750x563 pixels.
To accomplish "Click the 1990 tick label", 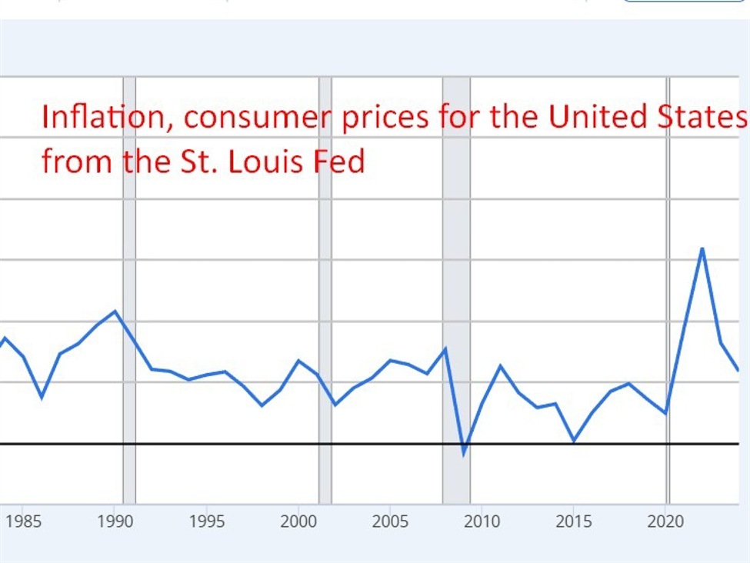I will [115, 522].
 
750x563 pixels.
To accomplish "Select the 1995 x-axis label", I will [206, 522].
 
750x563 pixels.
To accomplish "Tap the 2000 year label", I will [298, 522].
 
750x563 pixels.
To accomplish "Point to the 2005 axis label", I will [389, 522].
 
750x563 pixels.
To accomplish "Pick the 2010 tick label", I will [482, 522].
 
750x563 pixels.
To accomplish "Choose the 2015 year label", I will [573, 522].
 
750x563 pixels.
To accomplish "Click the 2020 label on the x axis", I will [665, 522].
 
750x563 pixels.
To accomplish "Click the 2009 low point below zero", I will [464, 454].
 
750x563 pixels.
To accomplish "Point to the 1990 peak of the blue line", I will [115, 311].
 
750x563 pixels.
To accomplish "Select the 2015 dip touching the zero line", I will [574, 441].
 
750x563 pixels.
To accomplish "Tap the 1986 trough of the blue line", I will [42, 397].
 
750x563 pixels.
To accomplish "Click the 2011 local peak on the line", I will [501, 365].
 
